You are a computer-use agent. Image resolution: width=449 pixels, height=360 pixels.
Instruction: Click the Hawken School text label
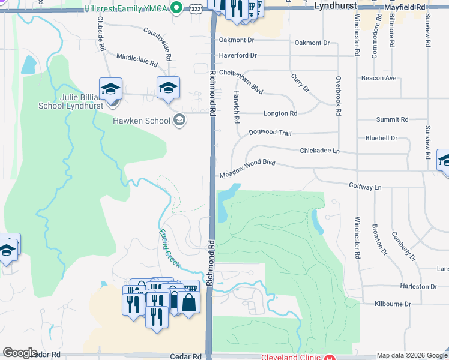coord(142,121)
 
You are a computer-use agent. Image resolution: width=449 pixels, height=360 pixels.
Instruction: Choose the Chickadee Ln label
coord(319,151)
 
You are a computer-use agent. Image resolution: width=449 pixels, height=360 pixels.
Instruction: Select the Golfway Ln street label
coord(365,187)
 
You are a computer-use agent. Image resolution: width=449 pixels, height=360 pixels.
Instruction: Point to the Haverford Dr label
coord(238,55)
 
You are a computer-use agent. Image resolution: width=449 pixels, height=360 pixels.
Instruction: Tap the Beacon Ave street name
coord(379,78)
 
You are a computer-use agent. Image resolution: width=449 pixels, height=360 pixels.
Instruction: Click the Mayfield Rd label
coord(405,5)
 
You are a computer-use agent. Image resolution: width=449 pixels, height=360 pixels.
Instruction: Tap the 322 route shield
coord(196,8)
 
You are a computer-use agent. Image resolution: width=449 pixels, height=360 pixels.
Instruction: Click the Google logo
coord(20,353)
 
